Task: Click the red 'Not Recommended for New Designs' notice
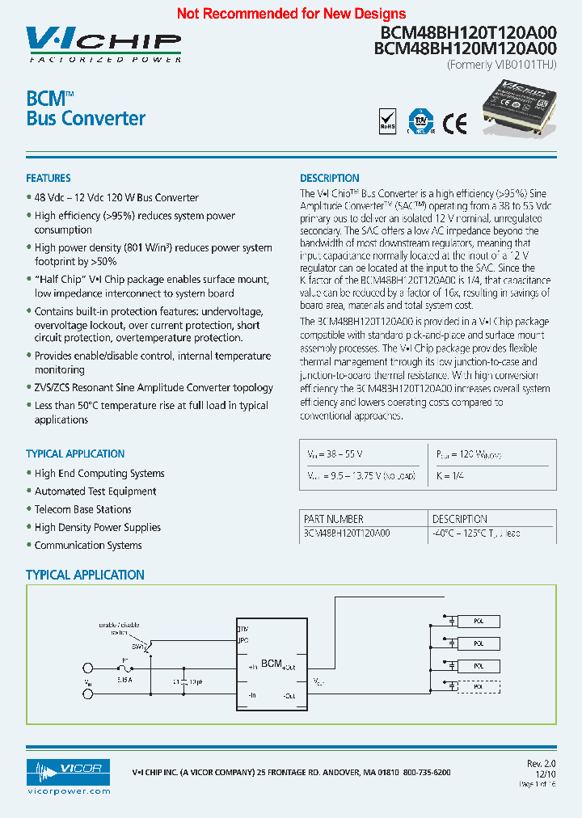point(291,14)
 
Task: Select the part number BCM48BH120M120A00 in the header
point(465,48)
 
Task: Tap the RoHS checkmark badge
point(388,121)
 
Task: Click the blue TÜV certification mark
point(420,121)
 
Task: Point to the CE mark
point(454,122)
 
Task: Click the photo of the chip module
point(517,111)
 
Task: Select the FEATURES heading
point(48,178)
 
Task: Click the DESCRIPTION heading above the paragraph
point(330,178)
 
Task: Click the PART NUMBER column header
point(334,519)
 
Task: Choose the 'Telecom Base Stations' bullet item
point(82,509)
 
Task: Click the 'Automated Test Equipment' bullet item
point(95,491)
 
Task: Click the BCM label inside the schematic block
point(271,664)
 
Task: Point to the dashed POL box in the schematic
point(479,686)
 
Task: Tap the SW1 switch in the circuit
point(139,647)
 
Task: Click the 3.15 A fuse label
point(124,681)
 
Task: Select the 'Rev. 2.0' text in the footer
point(541,763)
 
